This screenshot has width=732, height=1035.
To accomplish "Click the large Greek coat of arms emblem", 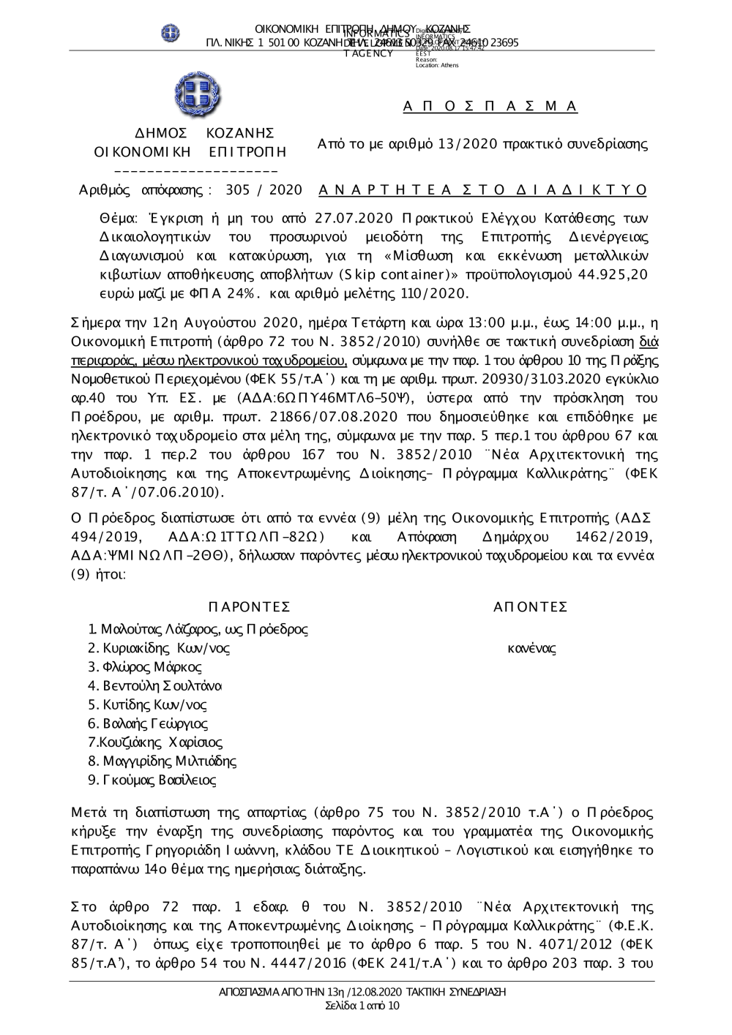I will click(197, 96).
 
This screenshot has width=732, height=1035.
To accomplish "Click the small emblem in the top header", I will click(171, 32).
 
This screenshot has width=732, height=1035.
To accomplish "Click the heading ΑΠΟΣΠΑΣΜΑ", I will click(490, 107).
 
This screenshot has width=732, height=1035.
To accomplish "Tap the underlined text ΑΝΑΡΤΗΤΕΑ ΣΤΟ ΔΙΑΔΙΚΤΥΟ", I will click(483, 190).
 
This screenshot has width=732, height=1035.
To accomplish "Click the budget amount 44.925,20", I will click(612, 274).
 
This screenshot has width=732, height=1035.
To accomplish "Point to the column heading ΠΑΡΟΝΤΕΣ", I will click(249, 607).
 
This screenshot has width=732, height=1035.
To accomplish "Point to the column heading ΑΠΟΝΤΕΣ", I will click(531, 607).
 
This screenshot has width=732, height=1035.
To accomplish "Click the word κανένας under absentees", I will click(531, 648).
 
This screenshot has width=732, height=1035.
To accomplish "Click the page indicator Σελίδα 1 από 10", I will click(362, 1006).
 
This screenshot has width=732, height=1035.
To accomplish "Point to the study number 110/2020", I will click(429, 293).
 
